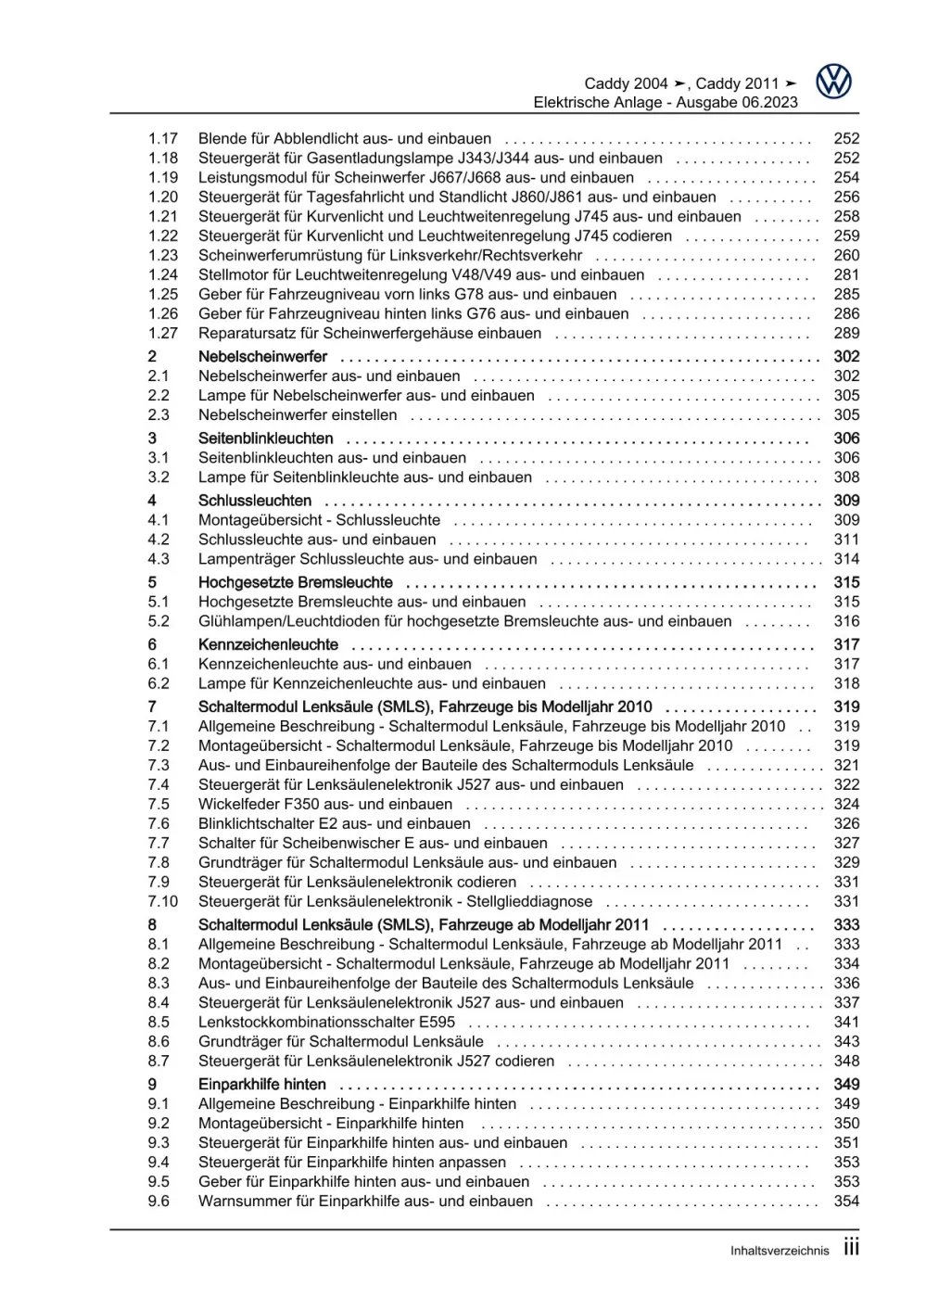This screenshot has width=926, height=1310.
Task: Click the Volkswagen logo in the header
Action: coord(833,83)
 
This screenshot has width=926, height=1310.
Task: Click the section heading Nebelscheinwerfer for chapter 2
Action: coord(262,357)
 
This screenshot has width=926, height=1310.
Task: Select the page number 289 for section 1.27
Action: coord(846,334)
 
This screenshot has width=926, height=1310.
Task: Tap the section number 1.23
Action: coord(163,256)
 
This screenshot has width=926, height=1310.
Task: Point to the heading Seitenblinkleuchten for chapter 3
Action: coord(265,439)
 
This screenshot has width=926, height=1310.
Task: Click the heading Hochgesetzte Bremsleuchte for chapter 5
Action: coord(295,583)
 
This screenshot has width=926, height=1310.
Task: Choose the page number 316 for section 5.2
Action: coord(846,622)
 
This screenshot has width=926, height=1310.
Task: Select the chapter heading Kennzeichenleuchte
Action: coord(268,645)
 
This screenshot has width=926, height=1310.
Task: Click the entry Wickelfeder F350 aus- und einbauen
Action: coord(324,805)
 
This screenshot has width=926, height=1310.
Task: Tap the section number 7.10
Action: coord(163,902)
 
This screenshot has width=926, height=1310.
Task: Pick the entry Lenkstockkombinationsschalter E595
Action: coord(326,1023)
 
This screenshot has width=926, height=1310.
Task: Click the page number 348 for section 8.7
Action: coord(846,1062)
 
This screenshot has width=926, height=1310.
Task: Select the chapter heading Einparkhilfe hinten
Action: coord(261,1085)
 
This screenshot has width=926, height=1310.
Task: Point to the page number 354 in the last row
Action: coord(846,1202)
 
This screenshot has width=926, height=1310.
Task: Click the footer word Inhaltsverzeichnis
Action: coord(780,1251)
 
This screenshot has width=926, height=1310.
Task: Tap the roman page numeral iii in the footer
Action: coord(851,1248)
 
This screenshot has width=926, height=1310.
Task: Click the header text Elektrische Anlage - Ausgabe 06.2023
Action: coord(665,103)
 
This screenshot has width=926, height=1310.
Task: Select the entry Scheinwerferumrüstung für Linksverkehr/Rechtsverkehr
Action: coord(390,256)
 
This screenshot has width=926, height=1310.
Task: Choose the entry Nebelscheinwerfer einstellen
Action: coord(298,415)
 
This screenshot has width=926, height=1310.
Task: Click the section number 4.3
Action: coord(159,560)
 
